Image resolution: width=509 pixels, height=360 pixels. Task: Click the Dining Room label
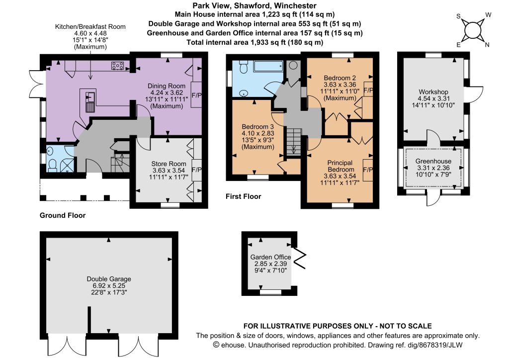pyautogui.click(x=166, y=86)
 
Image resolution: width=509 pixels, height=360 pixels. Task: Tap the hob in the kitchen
pyautogui.click(x=117, y=66)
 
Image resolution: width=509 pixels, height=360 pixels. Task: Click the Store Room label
pyautogui.click(x=169, y=164)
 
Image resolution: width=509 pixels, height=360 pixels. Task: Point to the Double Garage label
pyautogui.click(x=109, y=279)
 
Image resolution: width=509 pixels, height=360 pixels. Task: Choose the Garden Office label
pyautogui.click(x=270, y=257)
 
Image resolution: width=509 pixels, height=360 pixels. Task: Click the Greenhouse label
pyautogui.click(x=433, y=161)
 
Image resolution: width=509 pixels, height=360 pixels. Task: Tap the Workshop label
pyautogui.click(x=433, y=92)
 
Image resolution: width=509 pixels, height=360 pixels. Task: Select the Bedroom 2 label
pyautogui.click(x=340, y=78)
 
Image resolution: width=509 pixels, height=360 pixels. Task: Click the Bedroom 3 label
pyautogui.click(x=258, y=127)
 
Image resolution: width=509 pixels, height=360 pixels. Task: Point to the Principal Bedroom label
pyautogui.click(x=340, y=166)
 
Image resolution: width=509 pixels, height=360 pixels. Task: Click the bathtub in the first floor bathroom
pyautogui.click(x=268, y=66)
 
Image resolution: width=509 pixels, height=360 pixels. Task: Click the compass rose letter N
pyautogui.click(x=487, y=45)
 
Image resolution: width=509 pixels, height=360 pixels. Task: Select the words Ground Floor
pyautogui.click(x=63, y=215)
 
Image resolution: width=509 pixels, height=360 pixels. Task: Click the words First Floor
pyautogui.click(x=244, y=196)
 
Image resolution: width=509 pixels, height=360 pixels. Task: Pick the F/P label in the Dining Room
pyautogui.click(x=197, y=95)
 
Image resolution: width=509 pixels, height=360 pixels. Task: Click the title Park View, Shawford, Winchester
pyautogui.click(x=254, y=5)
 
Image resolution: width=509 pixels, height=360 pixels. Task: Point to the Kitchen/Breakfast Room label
pyautogui.click(x=90, y=27)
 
